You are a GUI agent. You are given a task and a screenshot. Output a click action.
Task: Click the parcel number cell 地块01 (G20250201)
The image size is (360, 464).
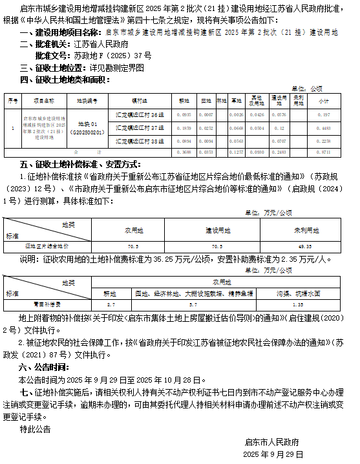click(x=87, y=127)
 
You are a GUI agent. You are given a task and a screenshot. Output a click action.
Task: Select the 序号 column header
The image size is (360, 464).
click(x=13, y=102)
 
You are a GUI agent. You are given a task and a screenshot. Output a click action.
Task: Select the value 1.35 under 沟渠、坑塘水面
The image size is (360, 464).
click(x=299, y=303)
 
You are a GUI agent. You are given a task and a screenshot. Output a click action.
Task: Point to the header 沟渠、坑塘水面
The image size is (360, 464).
click(x=299, y=293)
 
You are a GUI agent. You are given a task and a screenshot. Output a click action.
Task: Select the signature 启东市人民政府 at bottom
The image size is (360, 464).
click(x=272, y=443)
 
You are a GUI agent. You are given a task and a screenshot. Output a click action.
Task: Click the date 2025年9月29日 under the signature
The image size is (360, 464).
click(x=272, y=454)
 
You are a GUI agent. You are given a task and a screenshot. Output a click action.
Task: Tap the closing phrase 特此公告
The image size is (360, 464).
click(x=35, y=428)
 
